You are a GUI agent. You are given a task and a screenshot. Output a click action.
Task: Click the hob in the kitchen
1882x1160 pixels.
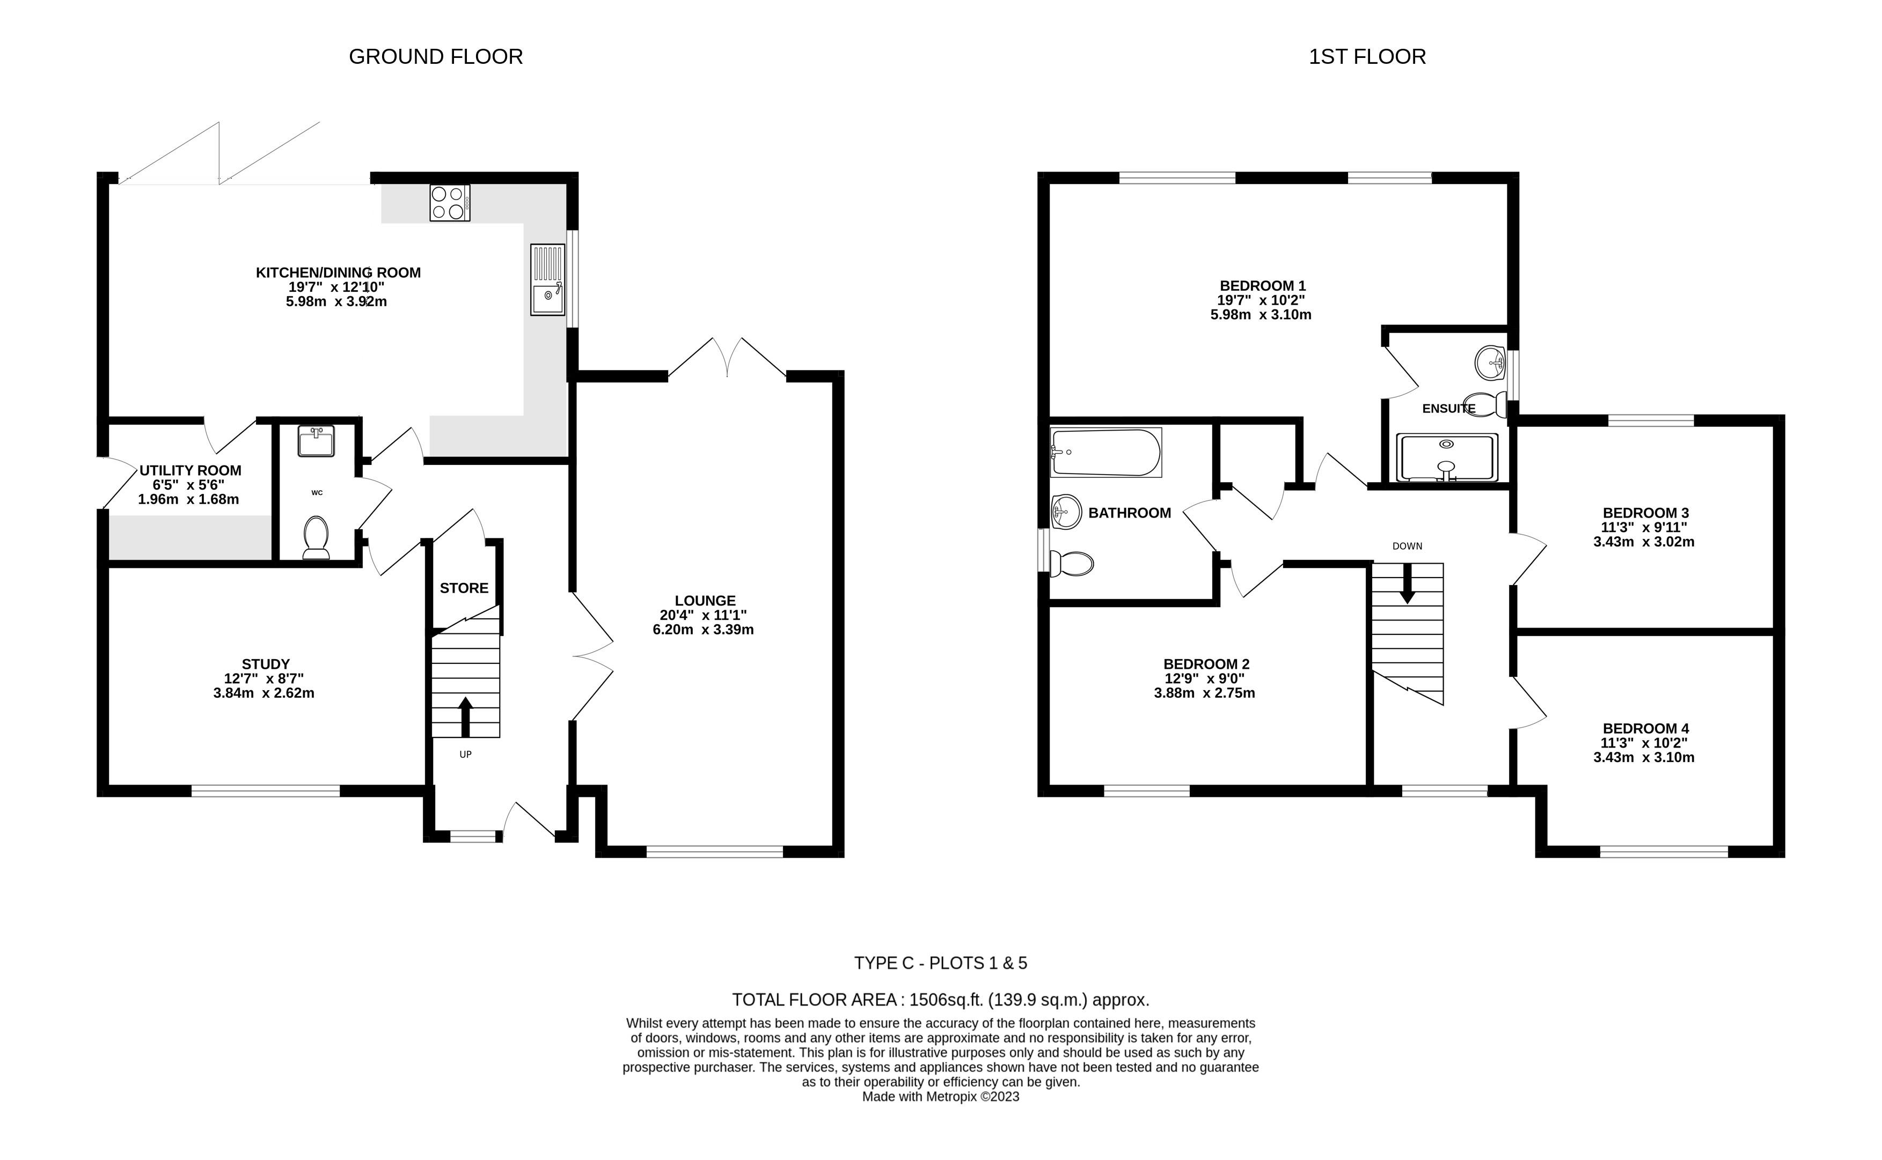point(450,203)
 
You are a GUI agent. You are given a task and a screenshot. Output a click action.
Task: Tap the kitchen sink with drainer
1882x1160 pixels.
point(547,279)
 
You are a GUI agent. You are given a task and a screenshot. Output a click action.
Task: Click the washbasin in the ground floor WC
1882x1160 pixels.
point(316,441)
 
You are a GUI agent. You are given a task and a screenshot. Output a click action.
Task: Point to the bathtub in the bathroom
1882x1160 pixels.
point(1106,452)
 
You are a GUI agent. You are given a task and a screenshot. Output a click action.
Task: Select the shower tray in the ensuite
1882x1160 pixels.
point(1447,458)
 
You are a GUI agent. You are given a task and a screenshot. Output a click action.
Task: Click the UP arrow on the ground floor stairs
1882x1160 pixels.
point(465,716)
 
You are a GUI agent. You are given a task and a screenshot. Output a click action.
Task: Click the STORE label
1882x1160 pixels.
point(464,588)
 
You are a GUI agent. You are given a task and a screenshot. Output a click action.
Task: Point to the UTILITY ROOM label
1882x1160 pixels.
point(191,470)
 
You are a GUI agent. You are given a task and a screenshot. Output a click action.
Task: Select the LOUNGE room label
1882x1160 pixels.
point(705,601)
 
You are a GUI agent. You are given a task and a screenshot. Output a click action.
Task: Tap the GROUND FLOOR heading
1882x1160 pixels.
point(436,57)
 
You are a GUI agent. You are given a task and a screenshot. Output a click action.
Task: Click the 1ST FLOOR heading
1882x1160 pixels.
point(1367,57)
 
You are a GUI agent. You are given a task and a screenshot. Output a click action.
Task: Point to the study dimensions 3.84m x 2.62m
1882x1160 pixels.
point(264,693)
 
